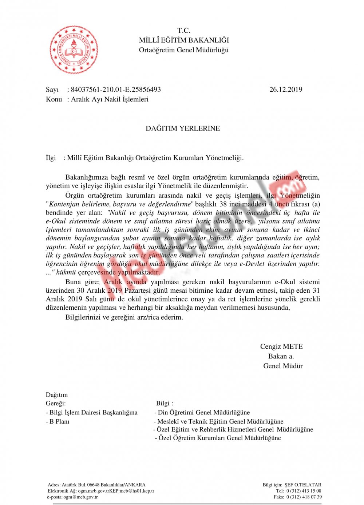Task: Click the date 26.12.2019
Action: [286, 89]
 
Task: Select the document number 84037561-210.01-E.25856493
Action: [116, 89]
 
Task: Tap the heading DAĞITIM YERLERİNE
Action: [183, 128]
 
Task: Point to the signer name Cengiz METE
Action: [281, 346]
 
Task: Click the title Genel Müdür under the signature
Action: [283, 366]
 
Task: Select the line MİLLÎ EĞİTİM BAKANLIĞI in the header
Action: [184, 40]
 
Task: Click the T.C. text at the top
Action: [184, 31]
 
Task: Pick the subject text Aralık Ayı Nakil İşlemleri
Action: [110, 99]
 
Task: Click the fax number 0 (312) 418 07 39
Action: [304, 497]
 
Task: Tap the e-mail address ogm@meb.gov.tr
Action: [80, 497]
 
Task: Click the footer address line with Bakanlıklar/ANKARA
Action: [96, 485]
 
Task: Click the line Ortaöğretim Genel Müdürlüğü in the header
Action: [184, 50]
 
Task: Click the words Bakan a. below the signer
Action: [281, 356]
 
